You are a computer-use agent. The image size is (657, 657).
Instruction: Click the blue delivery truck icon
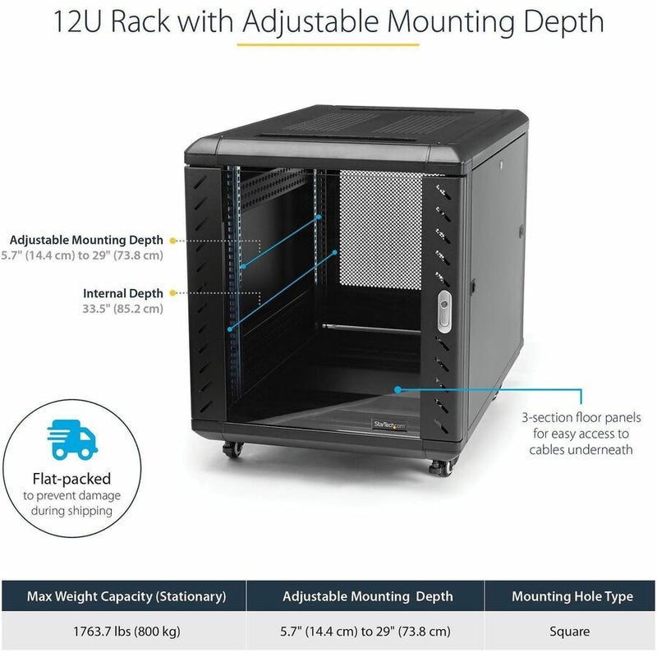click(72, 439)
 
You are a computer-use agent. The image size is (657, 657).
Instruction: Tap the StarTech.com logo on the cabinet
click(389, 425)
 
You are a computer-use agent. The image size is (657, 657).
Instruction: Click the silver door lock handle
click(444, 312)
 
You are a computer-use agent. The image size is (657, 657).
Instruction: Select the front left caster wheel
click(232, 449)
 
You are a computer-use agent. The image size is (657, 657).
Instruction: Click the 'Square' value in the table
click(569, 632)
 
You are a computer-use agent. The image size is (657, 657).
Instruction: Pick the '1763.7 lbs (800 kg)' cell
click(126, 632)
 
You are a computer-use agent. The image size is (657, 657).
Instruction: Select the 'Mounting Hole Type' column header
click(572, 596)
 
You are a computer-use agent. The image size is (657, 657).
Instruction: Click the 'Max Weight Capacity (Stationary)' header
click(126, 596)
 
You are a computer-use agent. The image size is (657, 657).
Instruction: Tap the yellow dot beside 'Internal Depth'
click(172, 293)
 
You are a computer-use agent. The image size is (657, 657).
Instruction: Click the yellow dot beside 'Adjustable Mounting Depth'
click(172, 241)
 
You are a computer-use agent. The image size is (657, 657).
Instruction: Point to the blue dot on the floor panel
click(397, 389)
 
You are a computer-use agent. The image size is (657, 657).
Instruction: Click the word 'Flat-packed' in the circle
click(71, 479)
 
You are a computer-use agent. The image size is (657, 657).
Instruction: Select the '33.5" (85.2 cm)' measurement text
click(122, 309)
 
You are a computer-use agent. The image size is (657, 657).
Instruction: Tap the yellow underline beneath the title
click(328, 44)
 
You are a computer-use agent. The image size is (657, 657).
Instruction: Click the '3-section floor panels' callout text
click(581, 418)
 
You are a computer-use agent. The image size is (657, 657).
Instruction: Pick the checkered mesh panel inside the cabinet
click(380, 230)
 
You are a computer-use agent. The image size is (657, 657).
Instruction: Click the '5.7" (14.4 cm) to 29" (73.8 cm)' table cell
click(365, 632)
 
